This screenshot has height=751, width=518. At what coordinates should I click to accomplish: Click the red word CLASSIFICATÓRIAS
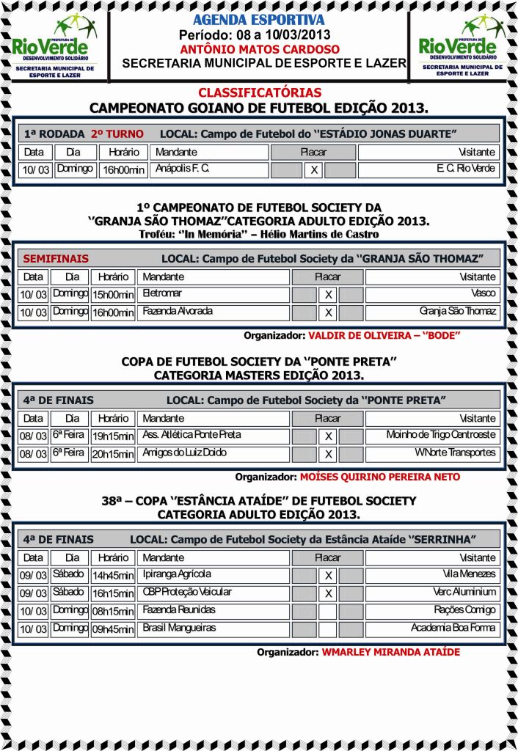pos(260,93)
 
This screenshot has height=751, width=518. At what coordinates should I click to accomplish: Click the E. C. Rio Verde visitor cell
pos(428,170)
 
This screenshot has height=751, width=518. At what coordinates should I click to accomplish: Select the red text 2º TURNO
pos(117,134)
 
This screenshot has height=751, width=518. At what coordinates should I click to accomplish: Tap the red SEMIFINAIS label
pos(56,259)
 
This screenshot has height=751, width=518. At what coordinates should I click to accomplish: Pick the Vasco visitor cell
pos(432,294)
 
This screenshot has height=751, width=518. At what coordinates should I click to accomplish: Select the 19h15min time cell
pos(113,436)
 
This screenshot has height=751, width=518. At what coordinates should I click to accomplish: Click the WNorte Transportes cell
pos(432,454)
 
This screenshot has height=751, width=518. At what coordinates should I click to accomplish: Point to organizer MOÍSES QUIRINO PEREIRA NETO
pos(379,477)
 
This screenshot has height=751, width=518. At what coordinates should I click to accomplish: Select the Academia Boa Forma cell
pos(432,629)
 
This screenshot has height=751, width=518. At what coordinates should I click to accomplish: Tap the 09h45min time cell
pos(113,629)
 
